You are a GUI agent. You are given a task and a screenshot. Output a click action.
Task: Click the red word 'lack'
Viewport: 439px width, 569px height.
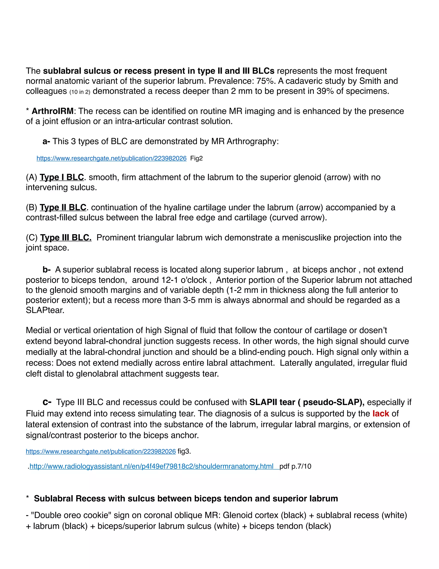coord(380,414)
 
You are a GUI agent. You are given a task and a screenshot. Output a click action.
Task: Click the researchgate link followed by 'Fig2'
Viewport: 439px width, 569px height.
coord(111,158)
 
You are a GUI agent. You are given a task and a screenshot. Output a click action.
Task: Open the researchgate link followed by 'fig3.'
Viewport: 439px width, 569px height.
coord(101,452)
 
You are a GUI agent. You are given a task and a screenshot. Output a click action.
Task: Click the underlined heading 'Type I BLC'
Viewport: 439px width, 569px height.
coord(62,177)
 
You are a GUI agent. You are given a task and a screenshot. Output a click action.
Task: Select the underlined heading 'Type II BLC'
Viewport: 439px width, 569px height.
coord(63,208)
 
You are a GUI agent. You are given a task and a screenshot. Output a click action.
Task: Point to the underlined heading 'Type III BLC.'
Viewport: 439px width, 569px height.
coord(66,238)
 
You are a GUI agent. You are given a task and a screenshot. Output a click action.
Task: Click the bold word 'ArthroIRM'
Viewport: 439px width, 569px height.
coord(53,111)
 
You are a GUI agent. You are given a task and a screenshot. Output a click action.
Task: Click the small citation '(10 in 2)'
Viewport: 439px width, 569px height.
coord(80,92)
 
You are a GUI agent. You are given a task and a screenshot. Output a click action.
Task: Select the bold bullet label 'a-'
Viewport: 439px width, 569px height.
coord(46,141)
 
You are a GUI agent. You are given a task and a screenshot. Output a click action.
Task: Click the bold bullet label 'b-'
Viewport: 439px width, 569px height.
coord(47,270)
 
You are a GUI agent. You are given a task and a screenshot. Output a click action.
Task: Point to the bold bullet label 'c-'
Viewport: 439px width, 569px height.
coord(47,402)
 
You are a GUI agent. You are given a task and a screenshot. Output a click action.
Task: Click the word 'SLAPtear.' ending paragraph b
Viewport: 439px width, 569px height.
coord(45,310)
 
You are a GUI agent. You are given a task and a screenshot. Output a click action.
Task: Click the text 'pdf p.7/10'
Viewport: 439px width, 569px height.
coord(295,466)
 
